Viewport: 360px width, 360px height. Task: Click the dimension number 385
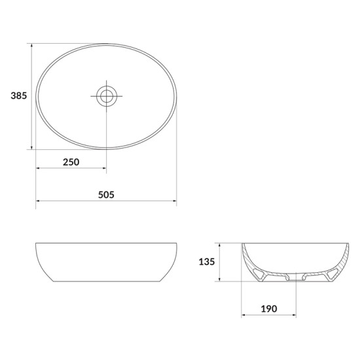(x=19, y=96)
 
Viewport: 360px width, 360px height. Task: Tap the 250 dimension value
(x=71, y=162)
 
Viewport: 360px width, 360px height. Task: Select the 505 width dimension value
(x=106, y=195)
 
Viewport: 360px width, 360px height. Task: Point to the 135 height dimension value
(x=207, y=262)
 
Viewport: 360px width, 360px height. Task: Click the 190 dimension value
(x=269, y=309)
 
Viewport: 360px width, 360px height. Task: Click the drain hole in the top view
(x=107, y=96)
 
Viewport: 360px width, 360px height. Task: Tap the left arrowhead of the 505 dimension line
(x=38, y=201)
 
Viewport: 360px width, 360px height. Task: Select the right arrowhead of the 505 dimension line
(x=175, y=201)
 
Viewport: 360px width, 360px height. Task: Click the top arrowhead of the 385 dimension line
(x=31, y=45)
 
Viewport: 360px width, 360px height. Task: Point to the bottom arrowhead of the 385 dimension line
(x=31, y=147)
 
